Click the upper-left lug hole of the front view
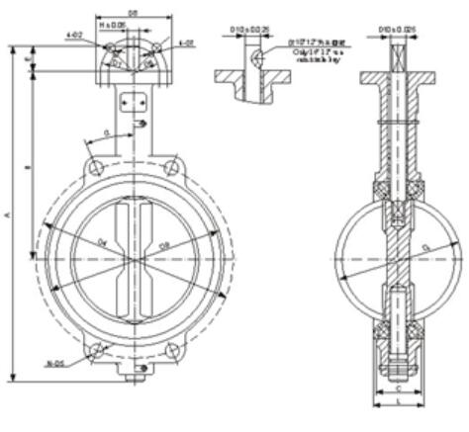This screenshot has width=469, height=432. point(95,169)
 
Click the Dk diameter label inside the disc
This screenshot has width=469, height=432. point(102,238)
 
